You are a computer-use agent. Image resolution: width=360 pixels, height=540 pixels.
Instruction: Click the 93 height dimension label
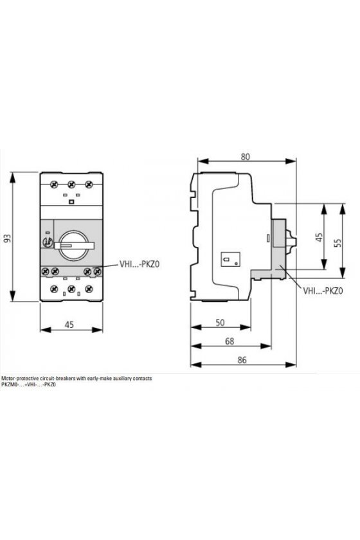click(8, 238)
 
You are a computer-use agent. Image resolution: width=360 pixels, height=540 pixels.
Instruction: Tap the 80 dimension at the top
click(245, 157)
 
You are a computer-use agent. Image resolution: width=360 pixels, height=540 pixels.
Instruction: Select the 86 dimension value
click(242, 360)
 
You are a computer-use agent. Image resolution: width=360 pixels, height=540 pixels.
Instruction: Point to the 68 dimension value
click(230, 341)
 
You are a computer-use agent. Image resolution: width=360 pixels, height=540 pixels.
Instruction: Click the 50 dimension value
click(220, 323)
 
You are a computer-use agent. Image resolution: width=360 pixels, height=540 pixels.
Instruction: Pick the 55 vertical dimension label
click(338, 242)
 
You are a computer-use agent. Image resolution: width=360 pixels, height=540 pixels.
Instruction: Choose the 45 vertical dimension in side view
click(319, 237)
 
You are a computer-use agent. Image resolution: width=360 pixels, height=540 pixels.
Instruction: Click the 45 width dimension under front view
click(69, 325)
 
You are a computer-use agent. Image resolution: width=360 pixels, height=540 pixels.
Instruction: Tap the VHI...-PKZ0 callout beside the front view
click(139, 264)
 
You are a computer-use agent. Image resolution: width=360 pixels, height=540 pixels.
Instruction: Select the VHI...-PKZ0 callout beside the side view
click(323, 291)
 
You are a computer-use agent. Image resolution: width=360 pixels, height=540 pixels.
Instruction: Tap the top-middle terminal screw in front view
click(71, 184)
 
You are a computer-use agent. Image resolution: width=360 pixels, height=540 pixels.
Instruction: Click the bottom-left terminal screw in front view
click(54, 289)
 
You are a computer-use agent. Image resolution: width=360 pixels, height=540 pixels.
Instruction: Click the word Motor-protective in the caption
click(17, 378)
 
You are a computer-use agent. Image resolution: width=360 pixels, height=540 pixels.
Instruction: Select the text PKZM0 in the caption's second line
click(8, 384)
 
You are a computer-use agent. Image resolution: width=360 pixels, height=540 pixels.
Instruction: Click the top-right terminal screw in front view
click(89, 184)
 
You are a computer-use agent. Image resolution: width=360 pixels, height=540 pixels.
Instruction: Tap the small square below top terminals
click(71, 202)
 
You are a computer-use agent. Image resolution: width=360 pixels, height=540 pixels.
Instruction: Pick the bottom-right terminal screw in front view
click(89, 289)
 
